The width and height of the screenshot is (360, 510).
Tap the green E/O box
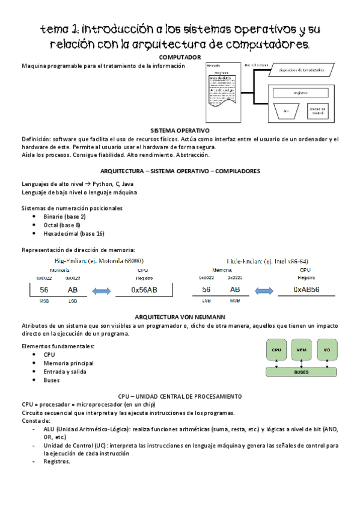coord(326,349)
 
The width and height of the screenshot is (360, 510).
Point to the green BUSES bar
coord(301,372)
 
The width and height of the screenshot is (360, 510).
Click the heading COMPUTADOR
coord(180,57)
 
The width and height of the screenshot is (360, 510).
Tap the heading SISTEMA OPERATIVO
coord(180,130)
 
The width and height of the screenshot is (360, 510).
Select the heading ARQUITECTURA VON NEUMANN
coord(180,316)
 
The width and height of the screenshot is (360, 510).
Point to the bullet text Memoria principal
coord(69,363)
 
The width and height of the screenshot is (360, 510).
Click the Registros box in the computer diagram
coord(301,93)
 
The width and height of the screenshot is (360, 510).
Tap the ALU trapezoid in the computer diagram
coord(286,111)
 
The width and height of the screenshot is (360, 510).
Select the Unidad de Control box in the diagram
coord(317,111)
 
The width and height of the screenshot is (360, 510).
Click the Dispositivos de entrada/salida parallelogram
coord(301,70)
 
